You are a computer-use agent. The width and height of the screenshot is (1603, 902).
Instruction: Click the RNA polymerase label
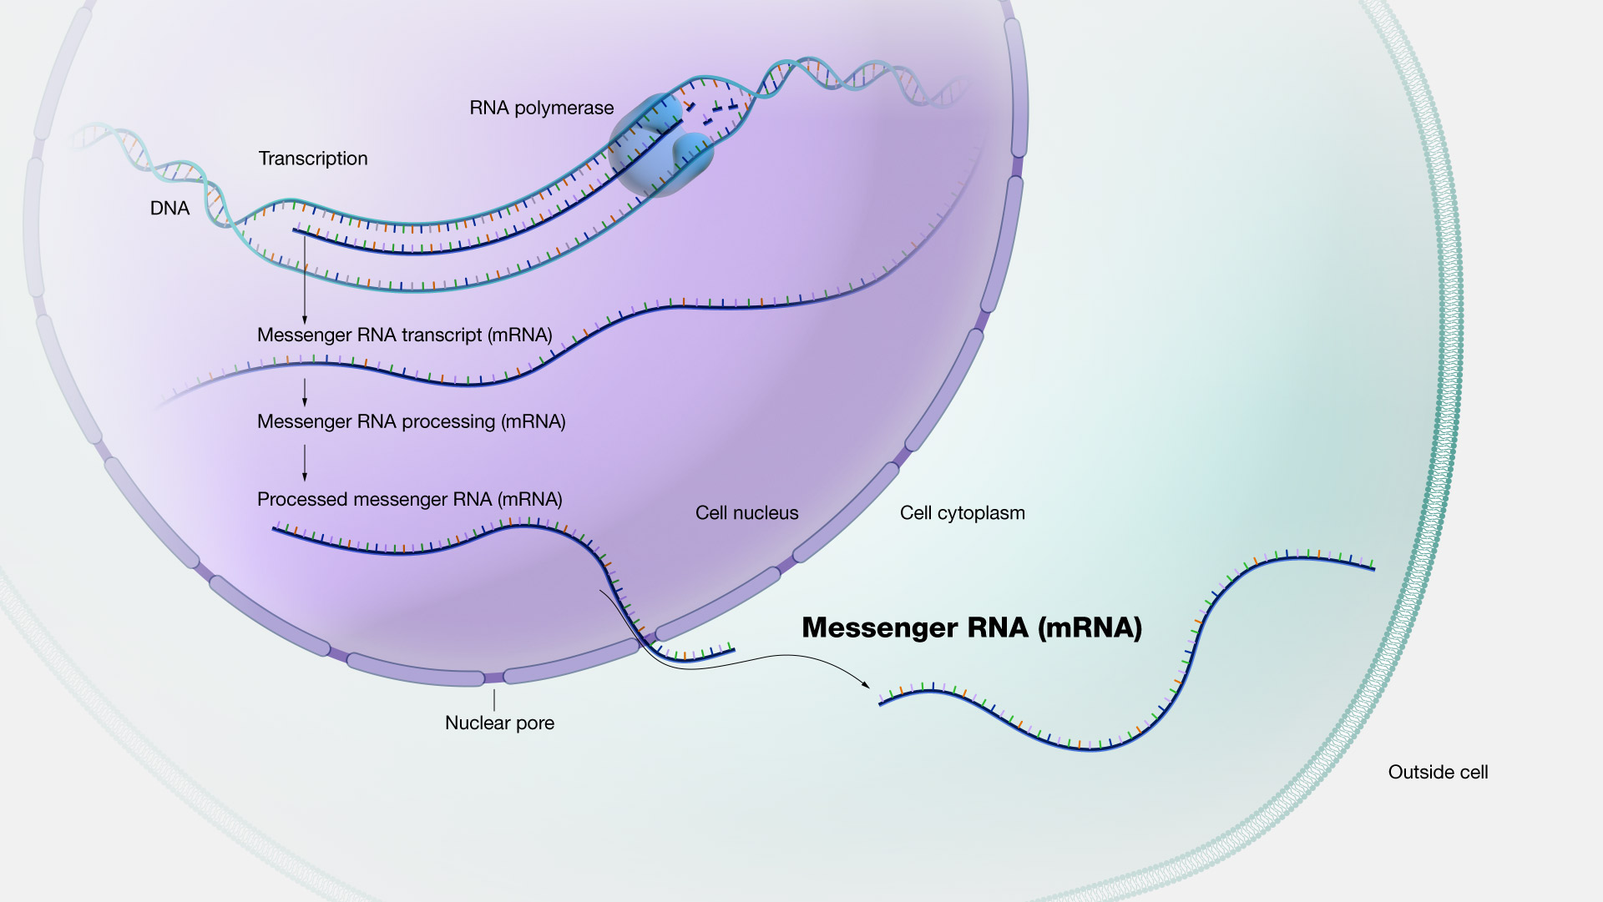click(541, 108)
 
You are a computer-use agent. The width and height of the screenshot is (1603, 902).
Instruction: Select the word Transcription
click(313, 159)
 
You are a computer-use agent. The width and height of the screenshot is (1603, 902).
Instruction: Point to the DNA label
click(169, 209)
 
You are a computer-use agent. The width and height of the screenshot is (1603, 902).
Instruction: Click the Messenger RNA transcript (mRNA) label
click(405, 335)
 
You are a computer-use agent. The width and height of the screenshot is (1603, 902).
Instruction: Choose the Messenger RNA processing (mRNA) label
click(411, 422)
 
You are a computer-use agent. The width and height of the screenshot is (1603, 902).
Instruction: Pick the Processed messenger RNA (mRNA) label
click(409, 500)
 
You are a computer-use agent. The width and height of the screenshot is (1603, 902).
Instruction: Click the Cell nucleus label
click(746, 513)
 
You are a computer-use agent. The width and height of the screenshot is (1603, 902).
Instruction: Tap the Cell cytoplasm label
click(962, 513)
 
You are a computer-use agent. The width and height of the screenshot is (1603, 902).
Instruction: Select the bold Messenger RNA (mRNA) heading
click(972, 627)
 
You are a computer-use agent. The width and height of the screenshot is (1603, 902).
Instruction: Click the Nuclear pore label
click(499, 723)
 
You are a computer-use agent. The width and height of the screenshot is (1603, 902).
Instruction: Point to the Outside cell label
click(1438, 773)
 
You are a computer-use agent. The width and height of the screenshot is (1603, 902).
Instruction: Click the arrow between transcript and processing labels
click(305, 391)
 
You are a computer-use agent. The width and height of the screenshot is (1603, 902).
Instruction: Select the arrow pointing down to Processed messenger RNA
click(305, 462)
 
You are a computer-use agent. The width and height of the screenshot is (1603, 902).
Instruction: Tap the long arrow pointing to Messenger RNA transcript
click(305, 280)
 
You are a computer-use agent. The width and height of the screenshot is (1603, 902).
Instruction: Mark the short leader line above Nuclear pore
click(494, 699)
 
